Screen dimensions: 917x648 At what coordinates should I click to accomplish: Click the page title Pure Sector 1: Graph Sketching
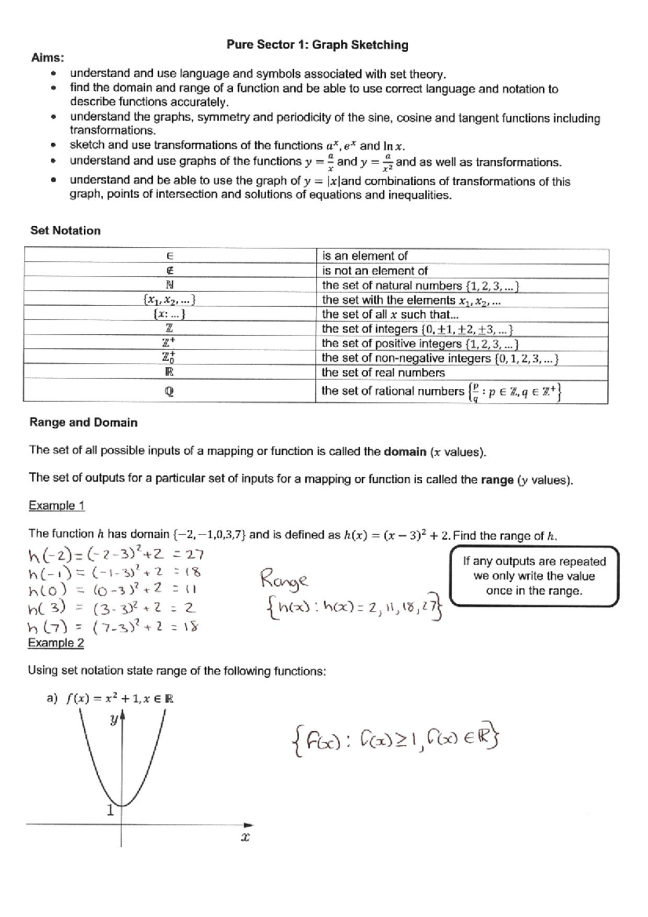point(317,45)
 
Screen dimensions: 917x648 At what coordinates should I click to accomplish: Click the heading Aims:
point(48,58)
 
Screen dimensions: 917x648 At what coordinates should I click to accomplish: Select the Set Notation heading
point(65,231)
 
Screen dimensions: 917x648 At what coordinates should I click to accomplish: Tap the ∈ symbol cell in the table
point(169,256)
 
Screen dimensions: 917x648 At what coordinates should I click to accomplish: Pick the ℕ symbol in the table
point(169,285)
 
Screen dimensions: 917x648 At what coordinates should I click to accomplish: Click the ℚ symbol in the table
point(169,392)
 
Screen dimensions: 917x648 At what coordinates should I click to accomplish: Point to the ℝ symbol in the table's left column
point(169,372)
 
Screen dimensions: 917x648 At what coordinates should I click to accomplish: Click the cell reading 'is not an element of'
point(375,271)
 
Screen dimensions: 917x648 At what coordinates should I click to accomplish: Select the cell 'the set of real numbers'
point(383,373)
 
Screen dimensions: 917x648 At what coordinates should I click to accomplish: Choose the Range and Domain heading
point(83,422)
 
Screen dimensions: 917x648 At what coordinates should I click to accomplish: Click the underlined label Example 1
point(56,506)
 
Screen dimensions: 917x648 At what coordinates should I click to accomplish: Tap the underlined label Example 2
point(56,643)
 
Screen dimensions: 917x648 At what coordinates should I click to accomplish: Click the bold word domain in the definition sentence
point(404,451)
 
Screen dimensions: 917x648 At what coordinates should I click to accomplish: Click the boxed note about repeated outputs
point(534,576)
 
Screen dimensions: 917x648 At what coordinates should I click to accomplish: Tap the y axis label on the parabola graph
point(114,719)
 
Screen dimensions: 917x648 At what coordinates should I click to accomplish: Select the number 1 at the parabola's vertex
point(110,810)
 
